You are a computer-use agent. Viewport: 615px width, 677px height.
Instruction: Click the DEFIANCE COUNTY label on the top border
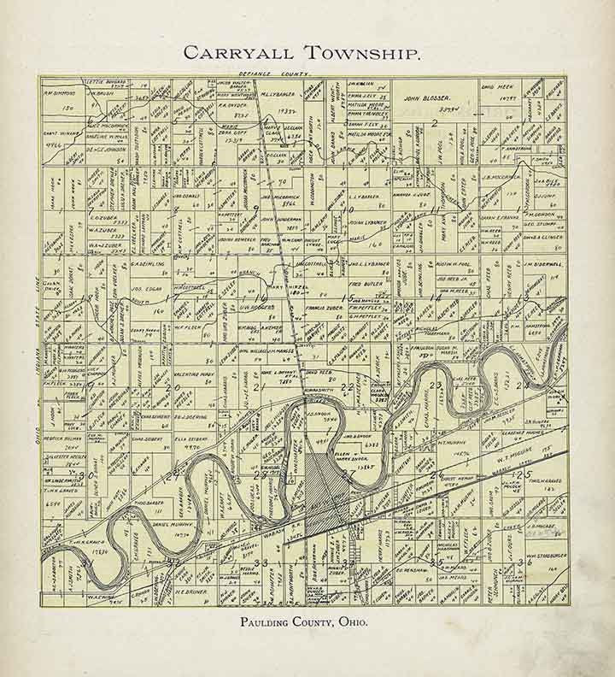(x=271, y=77)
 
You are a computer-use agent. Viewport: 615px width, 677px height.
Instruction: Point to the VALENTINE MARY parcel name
(x=196, y=374)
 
